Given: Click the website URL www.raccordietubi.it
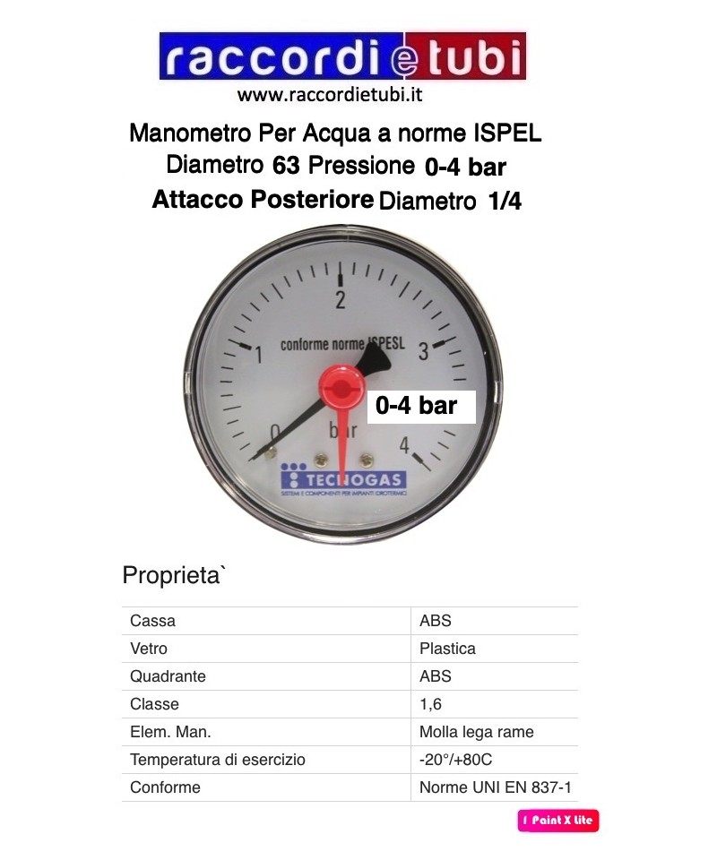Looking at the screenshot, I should pyautogui.click(x=329, y=93).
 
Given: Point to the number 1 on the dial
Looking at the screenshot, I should pyautogui.click(x=259, y=356).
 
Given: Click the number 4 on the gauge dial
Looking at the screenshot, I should pyautogui.click(x=405, y=445).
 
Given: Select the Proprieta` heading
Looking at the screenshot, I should pyautogui.click(x=174, y=574).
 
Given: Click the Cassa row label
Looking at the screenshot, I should pyautogui.click(x=152, y=621).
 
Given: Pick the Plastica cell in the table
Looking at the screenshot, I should pyautogui.click(x=447, y=649).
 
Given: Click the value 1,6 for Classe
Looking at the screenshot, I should pyautogui.click(x=430, y=704).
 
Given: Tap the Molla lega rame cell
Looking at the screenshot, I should pyautogui.click(x=476, y=732).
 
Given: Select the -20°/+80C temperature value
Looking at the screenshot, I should pyautogui.click(x=455, y=760).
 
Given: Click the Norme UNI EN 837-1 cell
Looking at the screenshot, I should pyautogui.click(x=495, y=787).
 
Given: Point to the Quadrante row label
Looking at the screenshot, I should pyautogui.click(x=168, y=676).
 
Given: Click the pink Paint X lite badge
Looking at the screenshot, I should pyautogui.click(x=557, y=820).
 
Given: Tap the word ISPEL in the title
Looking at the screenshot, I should pyautogui.click(x=506, y=134).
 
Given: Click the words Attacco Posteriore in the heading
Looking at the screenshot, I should pyautogui.click(x=263, y=200).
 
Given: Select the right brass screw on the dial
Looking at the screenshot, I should pyautogui.click(x=366, y=459).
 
